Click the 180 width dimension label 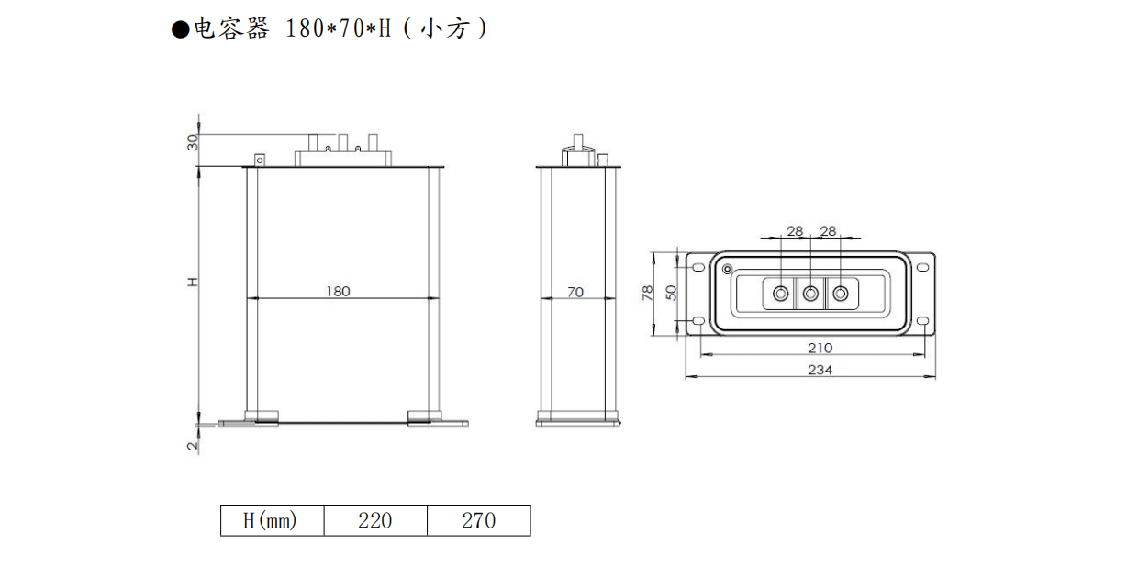[338, 291]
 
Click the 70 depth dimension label [575, 292]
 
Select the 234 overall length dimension [820, 370]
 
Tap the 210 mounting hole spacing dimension [820, 348]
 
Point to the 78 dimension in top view [648, 293]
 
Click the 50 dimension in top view [671, 293]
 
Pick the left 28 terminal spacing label [795, 231]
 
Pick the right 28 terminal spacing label [828, 231]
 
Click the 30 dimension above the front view [193, 143]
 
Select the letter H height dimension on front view [193, 283]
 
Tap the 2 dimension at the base [193, 446]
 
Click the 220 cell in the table [374, 521]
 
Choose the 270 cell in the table [478, 521]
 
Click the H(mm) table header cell [272, 521]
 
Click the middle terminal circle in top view [810, 294]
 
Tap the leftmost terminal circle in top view [780, 294]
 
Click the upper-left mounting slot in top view [698, 267]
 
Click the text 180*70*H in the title [339, 29]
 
